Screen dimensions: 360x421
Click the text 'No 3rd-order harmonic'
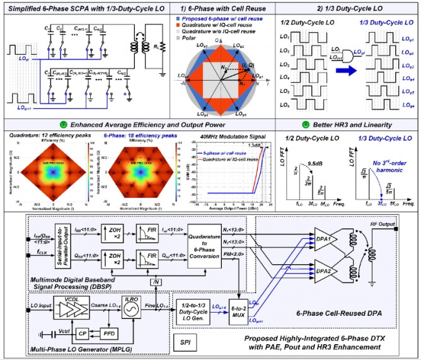coord(386,165)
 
